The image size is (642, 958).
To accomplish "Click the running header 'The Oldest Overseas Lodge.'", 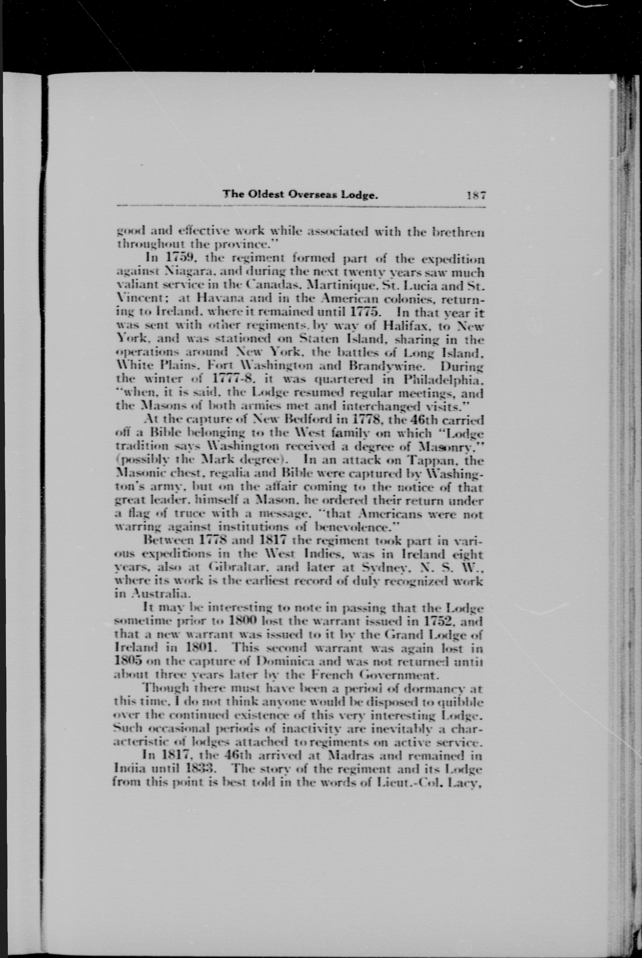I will [300, 195].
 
